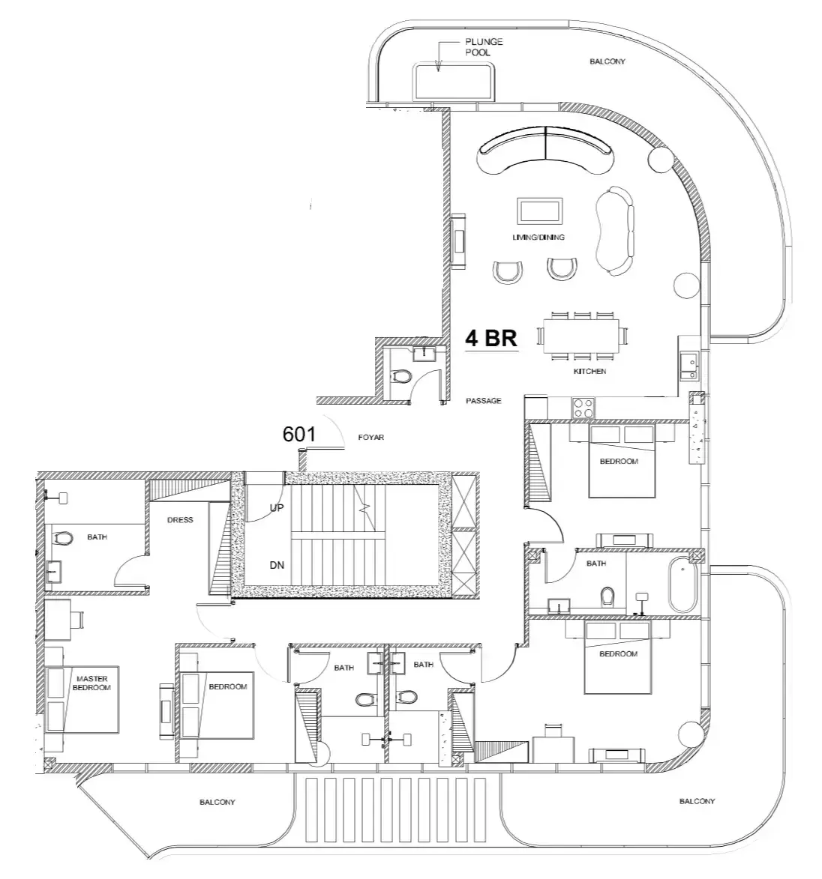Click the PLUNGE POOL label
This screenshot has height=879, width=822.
tap(484, 47)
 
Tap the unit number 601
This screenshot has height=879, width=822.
tap(299, 435)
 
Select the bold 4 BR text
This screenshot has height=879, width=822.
tap(491, 339)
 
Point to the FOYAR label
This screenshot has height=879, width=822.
tap(371, 438)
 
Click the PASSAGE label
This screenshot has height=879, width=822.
tap(484, 401)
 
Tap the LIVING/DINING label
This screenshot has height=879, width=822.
tap(538, 237)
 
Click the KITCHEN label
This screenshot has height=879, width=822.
tap(589, 371)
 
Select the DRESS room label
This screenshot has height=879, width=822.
tap(180, 519)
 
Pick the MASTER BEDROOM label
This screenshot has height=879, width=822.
tap(91, 683)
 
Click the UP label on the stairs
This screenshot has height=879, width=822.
tap(277, 508)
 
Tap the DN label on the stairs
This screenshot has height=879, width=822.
tap(277, 565)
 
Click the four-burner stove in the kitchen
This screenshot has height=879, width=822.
tap(583, 408)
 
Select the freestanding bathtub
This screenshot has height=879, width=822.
tap(682, 585)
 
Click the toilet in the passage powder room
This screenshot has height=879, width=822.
tap(401, 376)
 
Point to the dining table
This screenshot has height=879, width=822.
tap(581, 336)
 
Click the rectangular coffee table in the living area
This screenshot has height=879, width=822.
tap(540, 211)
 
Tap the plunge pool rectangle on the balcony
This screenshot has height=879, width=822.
tap(454, 82)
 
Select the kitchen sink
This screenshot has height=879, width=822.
tap(689, 366)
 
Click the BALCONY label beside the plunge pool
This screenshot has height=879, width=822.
tap(607, 61)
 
